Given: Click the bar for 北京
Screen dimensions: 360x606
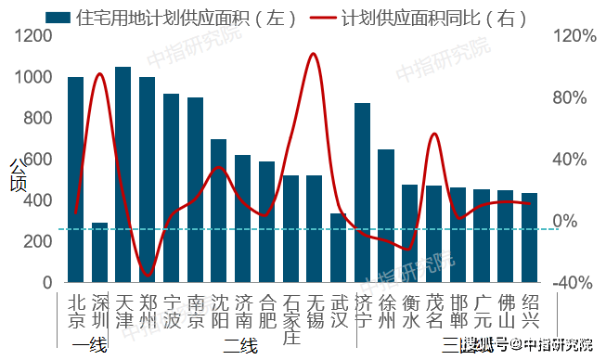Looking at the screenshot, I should pyautogui.click(x=75, y=179).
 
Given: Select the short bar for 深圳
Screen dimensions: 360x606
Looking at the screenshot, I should pyautogui.click(x=99, y=251).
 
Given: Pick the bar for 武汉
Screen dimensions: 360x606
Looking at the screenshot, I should pyautogui.click(x=339, y=248).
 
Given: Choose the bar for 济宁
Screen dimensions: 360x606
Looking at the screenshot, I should pyautogui.click(x=363, y=192).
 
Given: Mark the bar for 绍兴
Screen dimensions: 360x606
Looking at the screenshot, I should pyautogui.click(x=530, y=238).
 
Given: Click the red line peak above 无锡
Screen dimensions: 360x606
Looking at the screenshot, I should pyautogui.click(x=313, y=54).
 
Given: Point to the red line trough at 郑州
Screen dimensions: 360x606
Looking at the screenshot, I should pyautogui.click(x=147, y=276).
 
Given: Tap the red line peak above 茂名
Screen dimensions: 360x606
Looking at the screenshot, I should pyautogui.click(x=433, y=135).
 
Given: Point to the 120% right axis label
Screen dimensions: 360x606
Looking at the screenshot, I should pyautogui.click(x=574, y=35).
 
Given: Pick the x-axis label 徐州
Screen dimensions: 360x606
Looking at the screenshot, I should pyautogui.click(x=387, y=312).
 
